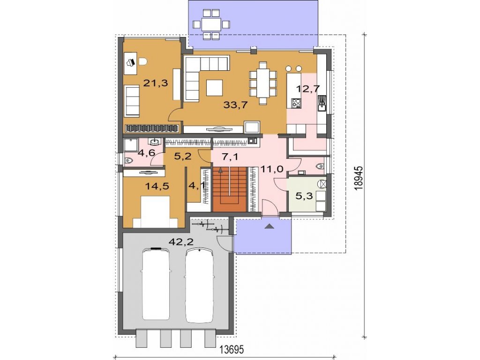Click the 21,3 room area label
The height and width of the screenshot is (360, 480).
[x=156, y=82]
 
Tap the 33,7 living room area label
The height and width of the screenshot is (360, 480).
[x=235, y=105]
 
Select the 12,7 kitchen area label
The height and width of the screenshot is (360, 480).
[x=308, y=89]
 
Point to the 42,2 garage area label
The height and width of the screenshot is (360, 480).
[x=181, y=242]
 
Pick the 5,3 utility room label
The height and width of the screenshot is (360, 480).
[x=304, y=195]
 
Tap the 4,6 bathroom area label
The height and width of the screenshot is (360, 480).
[x=146, y=152]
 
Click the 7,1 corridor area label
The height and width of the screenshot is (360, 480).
[x=230, y=157]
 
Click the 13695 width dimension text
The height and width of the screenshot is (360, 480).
[x=231, y=349]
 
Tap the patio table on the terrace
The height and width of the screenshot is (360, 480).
[x=211, y=24]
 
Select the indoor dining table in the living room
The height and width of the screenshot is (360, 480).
[x=263, y=83]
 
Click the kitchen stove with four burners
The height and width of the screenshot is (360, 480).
[x=296, y=103]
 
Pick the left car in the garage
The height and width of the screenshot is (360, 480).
[x=156, y=283]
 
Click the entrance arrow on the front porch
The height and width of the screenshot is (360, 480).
[x=269, y=226]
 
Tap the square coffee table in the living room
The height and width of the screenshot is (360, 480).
[x=215, y=88]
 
